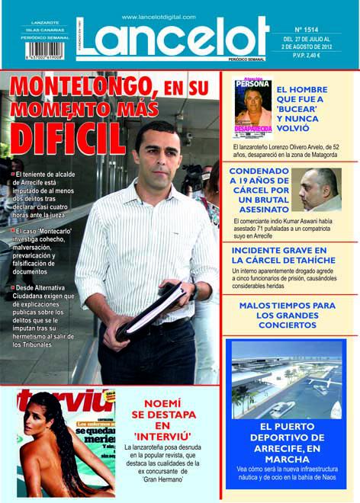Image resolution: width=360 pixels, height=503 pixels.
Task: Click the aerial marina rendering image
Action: point(287,380)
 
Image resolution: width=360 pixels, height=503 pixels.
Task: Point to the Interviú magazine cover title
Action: point(65,400)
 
